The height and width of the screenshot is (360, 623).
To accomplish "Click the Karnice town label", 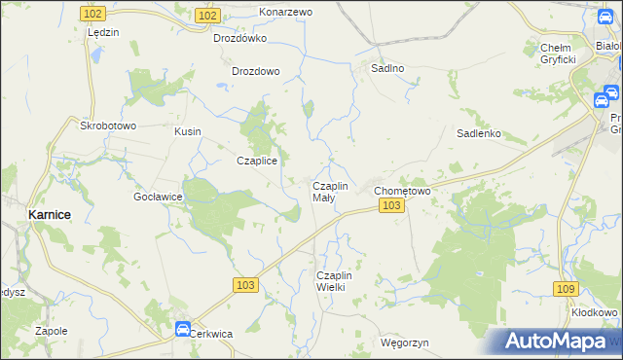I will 47,214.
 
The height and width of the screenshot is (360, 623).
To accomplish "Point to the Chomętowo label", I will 403,191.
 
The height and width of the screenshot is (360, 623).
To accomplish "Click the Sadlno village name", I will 386,69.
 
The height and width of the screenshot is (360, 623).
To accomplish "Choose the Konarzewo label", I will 285,12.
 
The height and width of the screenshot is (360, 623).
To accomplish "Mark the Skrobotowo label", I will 108,126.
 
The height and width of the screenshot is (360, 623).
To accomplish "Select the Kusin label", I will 187,131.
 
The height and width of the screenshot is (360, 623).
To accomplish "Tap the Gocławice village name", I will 159,197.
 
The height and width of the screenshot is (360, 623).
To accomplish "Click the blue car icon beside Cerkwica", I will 182,329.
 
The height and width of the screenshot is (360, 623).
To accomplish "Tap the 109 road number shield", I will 565,289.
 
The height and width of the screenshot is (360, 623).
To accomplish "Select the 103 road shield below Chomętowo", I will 391,206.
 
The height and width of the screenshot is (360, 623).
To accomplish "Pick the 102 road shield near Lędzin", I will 93,15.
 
